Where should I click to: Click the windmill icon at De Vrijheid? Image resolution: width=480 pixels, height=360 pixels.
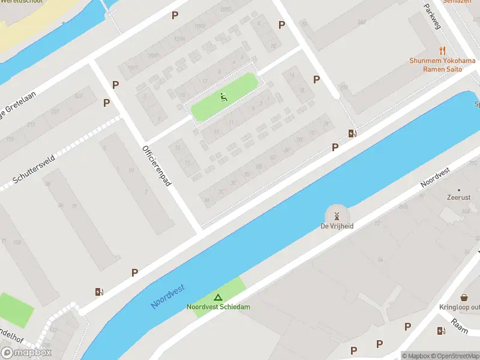point(337,216)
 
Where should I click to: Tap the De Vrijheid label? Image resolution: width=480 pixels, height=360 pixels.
point(337,227)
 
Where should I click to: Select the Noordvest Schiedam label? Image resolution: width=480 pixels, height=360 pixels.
point(218,307)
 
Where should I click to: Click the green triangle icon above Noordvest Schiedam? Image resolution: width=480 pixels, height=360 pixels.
point(218,297)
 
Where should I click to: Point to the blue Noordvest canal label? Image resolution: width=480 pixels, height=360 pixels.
point(167,296)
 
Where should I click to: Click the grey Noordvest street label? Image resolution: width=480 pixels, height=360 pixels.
point(436,176)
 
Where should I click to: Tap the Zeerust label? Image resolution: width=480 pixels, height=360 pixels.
point(459,197)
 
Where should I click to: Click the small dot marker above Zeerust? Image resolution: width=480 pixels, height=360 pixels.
point(459,189)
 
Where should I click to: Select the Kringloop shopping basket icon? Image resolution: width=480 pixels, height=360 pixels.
point(464,298)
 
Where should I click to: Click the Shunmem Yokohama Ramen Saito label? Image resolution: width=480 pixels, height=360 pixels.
point(443,65)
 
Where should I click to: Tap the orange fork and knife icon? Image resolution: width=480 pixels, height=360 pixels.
point(443,51)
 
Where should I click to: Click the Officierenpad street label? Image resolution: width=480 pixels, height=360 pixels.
point(157,166)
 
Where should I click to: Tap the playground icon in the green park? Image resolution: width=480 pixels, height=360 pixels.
point(224,97)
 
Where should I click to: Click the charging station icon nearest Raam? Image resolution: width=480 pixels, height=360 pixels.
point(441,331)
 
